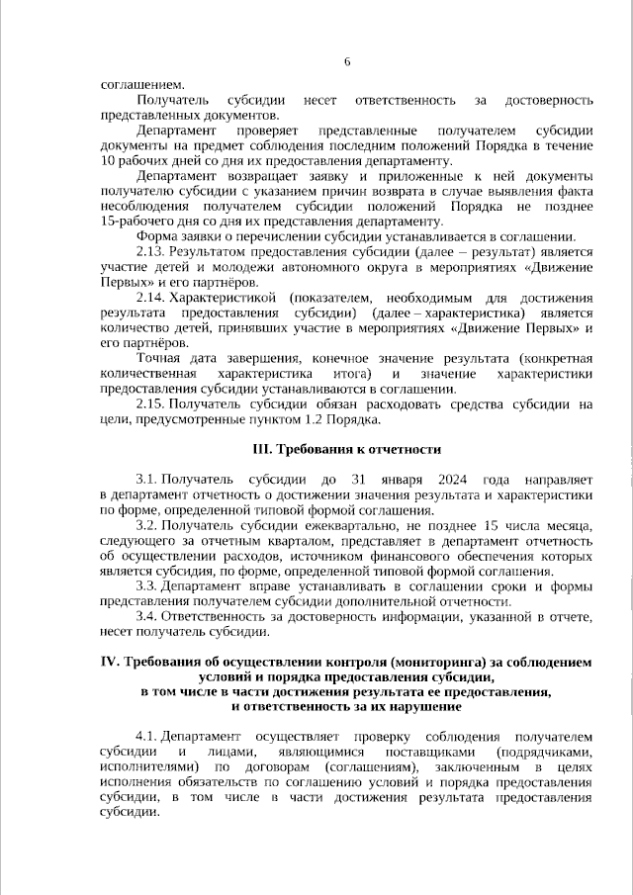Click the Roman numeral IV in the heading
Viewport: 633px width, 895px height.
coord(110,662)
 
